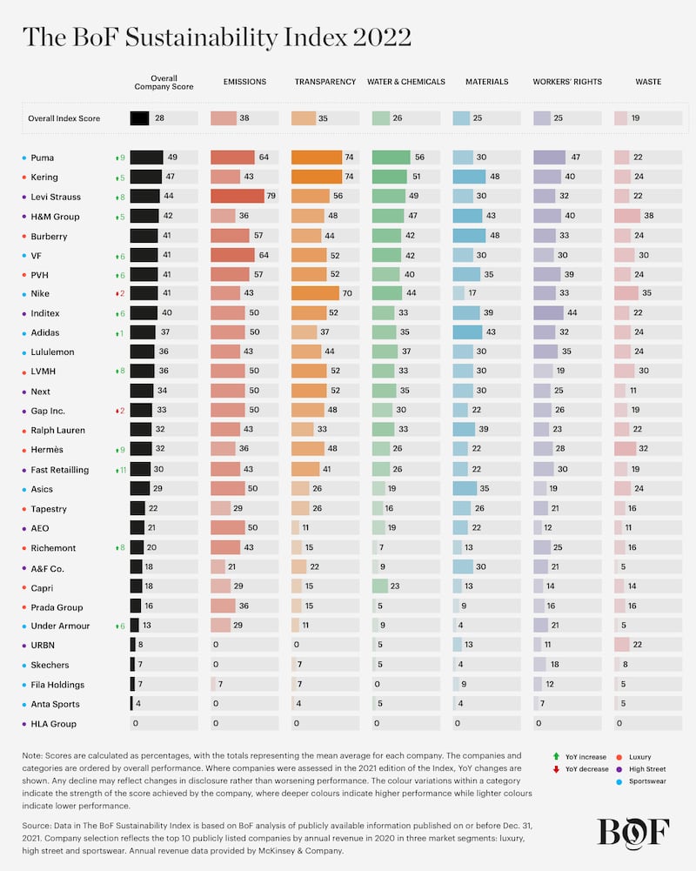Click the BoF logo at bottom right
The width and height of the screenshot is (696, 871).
(x=633, y=832)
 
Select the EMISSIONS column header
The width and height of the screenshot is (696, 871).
(x=244, y=82)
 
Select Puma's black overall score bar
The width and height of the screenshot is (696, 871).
(x=147, y=157)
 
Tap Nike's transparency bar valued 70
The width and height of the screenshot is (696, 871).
(x=315, y=294)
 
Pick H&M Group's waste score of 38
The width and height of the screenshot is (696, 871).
(x=647, y=216)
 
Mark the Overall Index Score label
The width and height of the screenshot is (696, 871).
(x=64, y=117)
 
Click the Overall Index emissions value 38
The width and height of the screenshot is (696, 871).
(x=245, y=117)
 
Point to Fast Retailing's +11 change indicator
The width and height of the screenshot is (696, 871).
(x=120, y=470)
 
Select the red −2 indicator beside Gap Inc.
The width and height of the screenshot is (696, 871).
(x=120, y=411)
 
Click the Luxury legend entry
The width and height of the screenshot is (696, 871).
(x=639, y=757)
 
